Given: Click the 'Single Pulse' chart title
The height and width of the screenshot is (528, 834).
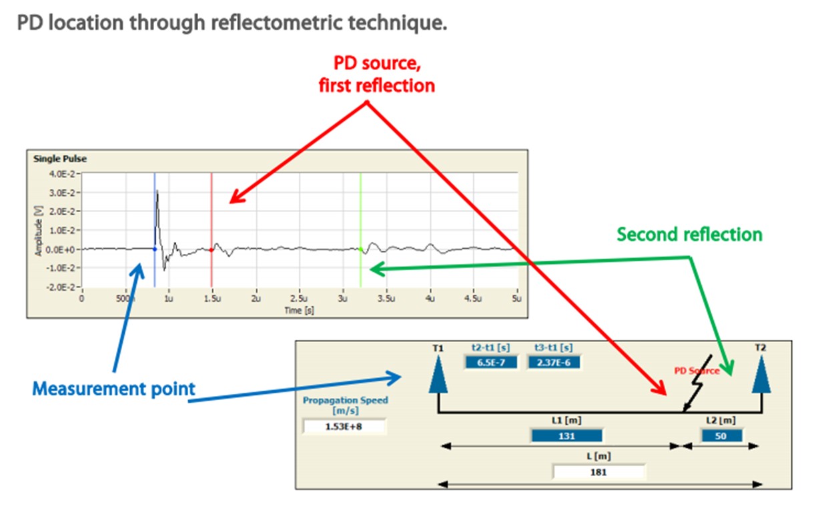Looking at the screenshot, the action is tap(60, 159).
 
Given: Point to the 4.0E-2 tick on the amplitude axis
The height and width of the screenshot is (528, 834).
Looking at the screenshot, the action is tap(62, 174).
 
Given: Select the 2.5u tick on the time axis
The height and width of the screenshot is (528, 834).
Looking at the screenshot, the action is tap(299, 299).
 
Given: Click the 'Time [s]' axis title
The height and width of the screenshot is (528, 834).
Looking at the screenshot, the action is tap(300, 310).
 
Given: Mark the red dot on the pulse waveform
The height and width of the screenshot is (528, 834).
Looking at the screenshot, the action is tap(212, 250).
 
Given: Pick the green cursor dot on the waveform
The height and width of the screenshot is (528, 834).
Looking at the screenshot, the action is tap(360, 249).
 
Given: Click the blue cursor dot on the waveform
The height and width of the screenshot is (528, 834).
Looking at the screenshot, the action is tap(155, 249).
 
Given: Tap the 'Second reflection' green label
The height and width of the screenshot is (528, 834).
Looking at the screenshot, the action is tap(689, 235).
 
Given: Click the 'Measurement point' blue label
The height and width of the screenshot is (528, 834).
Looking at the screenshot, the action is tap(114, 389).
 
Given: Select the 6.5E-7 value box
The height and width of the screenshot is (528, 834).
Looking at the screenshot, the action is tap(491, 363).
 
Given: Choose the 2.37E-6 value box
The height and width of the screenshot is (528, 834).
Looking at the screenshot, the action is tap(554, 363).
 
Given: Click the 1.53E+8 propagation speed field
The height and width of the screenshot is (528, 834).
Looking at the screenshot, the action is tap(344, 427).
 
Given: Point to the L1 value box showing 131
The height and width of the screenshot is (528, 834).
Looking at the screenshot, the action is tap(566, 436).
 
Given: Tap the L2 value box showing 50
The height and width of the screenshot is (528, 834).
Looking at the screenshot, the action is tap(721, 436).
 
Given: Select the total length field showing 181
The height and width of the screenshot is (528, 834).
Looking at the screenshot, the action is tap(598, 472).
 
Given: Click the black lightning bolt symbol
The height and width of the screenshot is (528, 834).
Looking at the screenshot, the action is tap(697, 383).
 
